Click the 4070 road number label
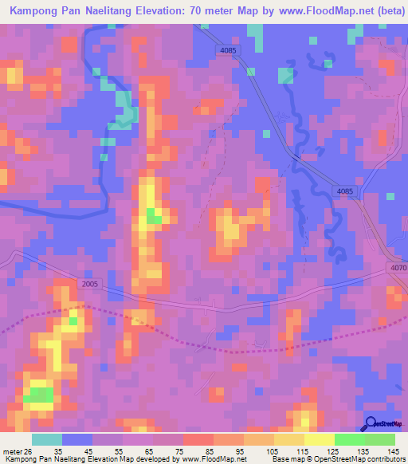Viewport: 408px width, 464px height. point(399,268)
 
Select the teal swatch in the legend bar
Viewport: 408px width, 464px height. point(47,438)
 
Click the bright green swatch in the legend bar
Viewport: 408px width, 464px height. point(349,438)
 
